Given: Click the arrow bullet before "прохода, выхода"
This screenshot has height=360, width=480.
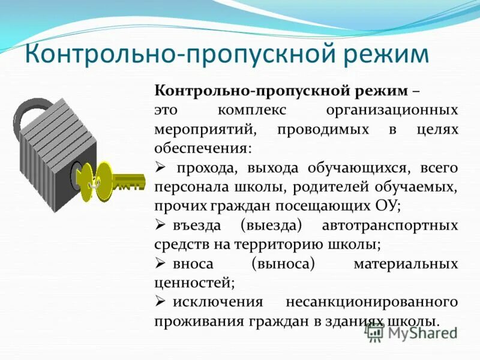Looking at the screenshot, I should pyautogui.click(x=160, y=167).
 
